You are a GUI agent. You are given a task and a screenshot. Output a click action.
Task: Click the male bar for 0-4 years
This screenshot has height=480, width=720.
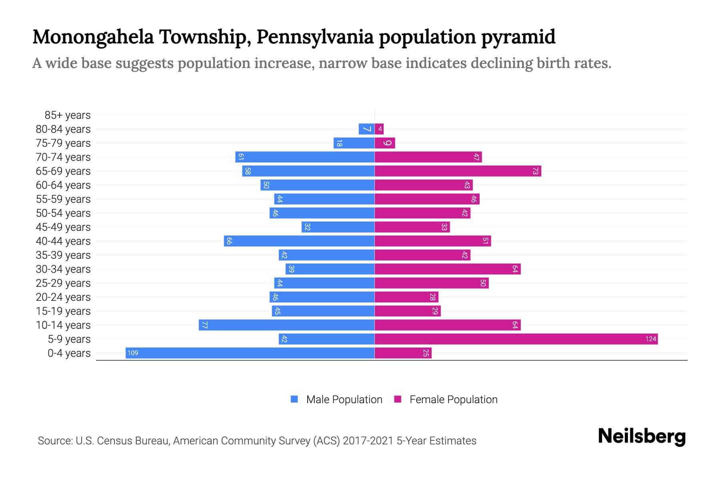[x=250, y=353]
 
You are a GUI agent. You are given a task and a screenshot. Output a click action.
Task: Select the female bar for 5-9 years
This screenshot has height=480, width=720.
[x=516, y=339]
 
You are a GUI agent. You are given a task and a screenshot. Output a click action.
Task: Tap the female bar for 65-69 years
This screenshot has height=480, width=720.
[x=458, y=171]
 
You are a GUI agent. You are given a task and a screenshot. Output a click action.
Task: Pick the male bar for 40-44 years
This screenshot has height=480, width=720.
[x=299, y=241]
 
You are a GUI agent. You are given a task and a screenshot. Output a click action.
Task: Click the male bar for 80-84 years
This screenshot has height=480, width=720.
[x=366, y=129]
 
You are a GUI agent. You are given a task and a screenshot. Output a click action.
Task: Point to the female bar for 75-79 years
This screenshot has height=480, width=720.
[x=385, y=143]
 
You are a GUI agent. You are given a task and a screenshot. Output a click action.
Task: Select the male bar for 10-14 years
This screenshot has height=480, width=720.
[x=286, y=325]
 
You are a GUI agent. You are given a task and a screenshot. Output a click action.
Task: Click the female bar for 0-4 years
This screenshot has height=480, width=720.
[x=403, y=353]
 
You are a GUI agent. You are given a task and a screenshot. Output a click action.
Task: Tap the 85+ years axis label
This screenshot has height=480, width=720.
[x=68, y=115]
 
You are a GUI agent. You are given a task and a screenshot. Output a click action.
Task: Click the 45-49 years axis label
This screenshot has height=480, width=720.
[x=63, y=227]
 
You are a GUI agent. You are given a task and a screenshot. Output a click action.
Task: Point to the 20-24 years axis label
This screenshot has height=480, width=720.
[x=63, y=297]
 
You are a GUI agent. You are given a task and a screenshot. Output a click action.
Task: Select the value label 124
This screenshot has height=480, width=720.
[x=650, y=339]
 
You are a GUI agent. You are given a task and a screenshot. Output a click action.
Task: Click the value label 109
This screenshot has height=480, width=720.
[x=133, y=353]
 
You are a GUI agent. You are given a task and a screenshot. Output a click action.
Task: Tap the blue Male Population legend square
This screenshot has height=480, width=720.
[x=294, y=399]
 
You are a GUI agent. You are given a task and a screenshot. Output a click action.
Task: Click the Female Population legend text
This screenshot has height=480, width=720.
[x=453, y=399]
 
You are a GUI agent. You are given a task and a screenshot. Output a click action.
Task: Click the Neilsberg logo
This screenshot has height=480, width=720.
[x=642, y=436]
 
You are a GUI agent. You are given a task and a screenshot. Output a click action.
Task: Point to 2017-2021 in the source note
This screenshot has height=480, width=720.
[x=368, y=441]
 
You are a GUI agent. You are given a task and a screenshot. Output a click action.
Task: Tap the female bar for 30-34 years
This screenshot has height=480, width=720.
[x=447, y=269]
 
